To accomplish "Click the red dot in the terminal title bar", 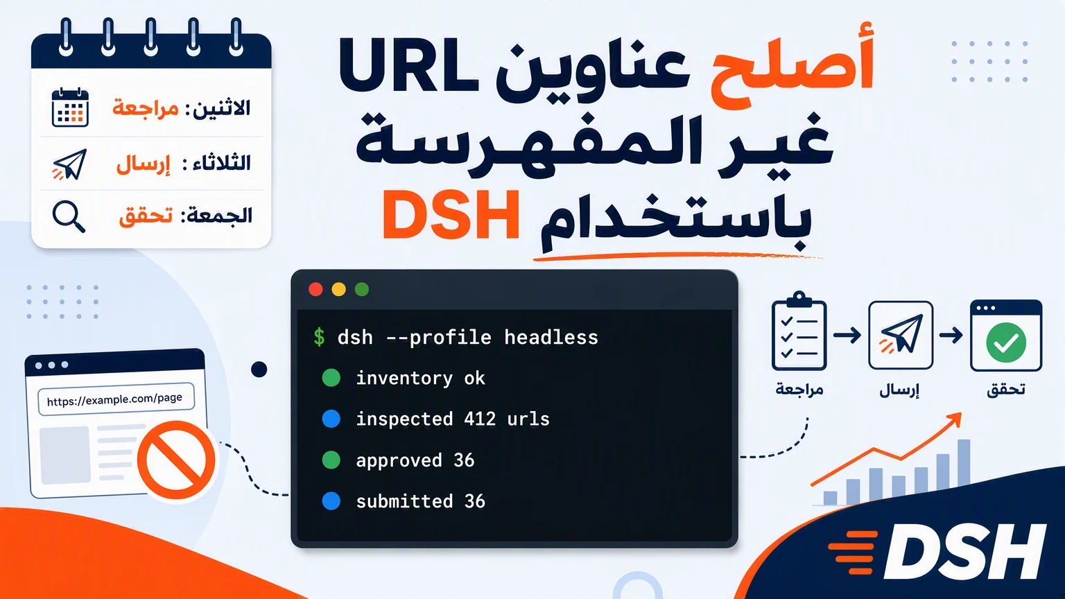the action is (x=315, y=289).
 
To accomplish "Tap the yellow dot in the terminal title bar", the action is (x=338, y=289).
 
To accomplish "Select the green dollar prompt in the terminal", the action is (x=319, y=338).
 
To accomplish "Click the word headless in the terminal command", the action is (x=551, y=337).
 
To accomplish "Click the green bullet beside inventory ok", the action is (x=331, y=378).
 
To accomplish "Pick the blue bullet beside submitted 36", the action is (x=331, y=501).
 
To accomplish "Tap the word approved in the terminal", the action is (x=399, y=460).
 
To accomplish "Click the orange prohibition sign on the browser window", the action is (x=176, y=460).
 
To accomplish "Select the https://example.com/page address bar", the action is (x=116, y=399).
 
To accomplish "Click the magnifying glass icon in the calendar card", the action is (x=69, y=216).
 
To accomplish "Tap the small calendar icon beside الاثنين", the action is (x=70, y=107).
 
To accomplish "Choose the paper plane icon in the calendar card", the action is (x=70, y=164).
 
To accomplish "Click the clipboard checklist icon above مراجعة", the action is (x=799, y=331).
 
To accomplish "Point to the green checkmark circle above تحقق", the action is (x=1006, y=342).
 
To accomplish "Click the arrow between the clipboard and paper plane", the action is (x=847, y=335).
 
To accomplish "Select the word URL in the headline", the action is (x=409, y=66).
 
